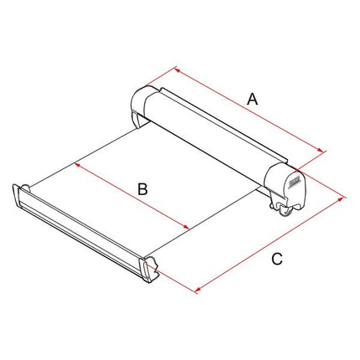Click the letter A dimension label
click(x=252, y=100)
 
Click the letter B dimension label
click(x=142, y=189)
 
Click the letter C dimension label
click(x=277, y=259)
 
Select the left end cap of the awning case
click(x=141, y=106)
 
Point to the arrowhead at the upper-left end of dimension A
click(x=177, y=69)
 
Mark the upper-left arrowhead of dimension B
click(x=78, y=166)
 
